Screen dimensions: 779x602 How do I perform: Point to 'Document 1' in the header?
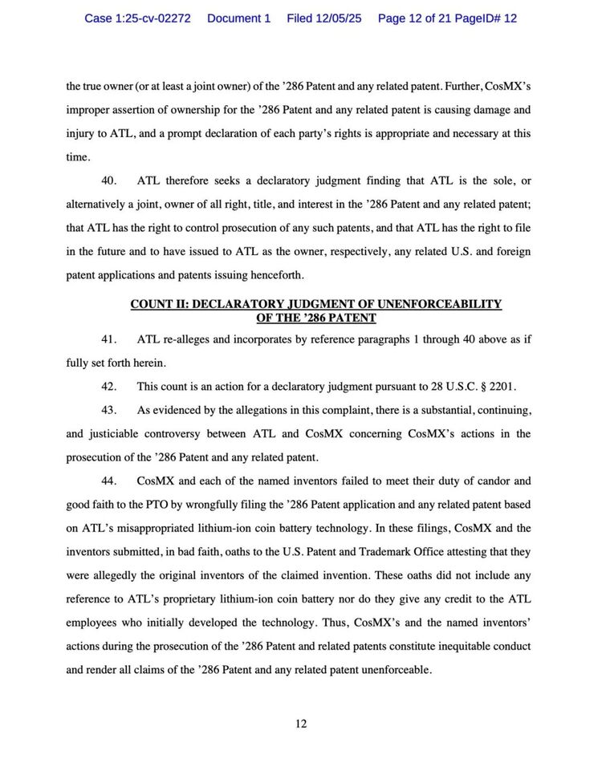[x=238, y=18]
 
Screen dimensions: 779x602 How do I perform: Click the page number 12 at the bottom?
[x=301, y=724]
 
